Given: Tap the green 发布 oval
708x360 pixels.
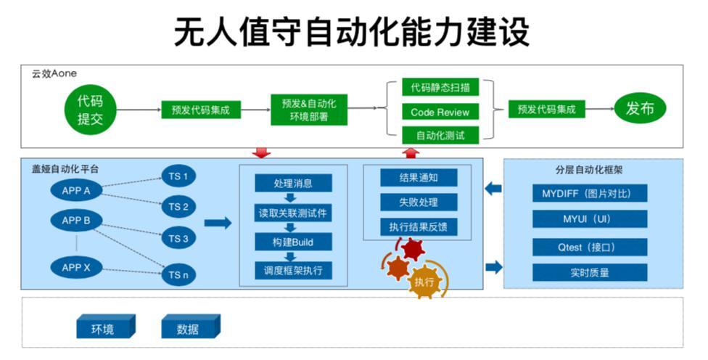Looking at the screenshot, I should tap(639, 109).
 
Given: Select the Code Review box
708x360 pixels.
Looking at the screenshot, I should tap(440, 112).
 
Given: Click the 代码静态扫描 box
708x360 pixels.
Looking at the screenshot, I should tap(440, 88).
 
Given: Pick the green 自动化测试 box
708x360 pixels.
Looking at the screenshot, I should tap(440, 135).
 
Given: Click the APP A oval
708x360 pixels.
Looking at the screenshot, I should tap(75, 191).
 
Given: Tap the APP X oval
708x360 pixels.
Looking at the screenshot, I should tap(75, 268).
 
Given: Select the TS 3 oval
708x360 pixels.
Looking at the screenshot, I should tap(178, 238).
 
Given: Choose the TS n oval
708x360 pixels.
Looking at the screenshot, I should tap(178, 276).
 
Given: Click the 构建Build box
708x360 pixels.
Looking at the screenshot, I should tap(293, 242).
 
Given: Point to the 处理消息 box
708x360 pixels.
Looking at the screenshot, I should tap(293, 183).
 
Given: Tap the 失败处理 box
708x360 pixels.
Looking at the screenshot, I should tap(418, 202).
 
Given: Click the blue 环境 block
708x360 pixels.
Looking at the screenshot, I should tap(104, 328).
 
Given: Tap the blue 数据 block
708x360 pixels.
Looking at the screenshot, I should tap(189, 328).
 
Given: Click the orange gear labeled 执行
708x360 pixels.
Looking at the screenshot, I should tap(425, 282).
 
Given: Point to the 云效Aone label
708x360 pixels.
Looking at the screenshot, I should tap(54, 73).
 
